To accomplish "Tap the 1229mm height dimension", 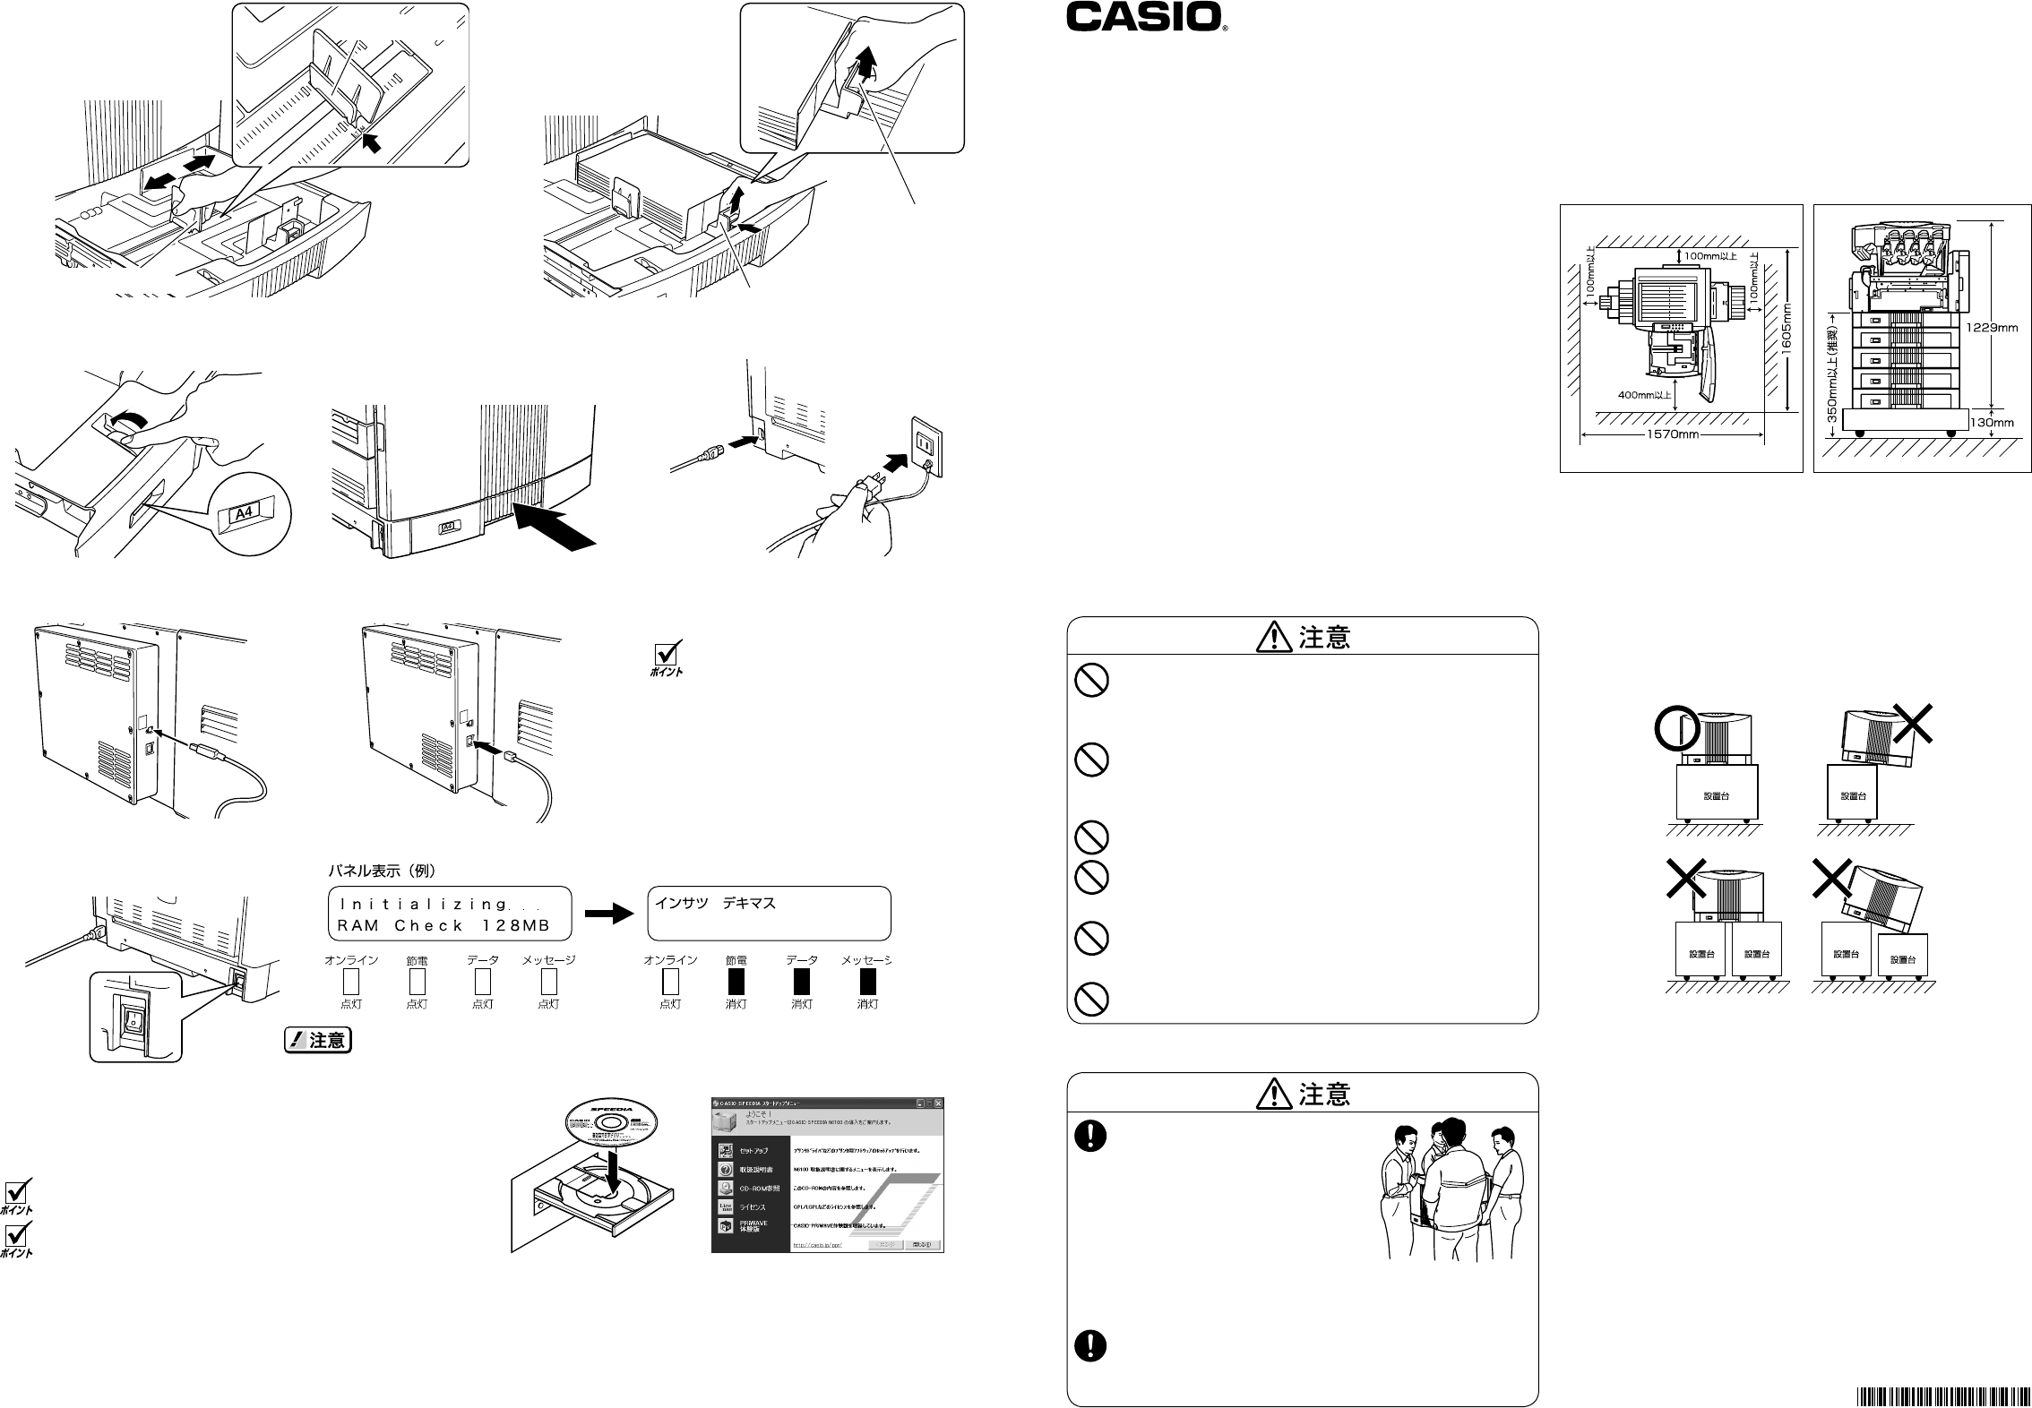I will coord(1992,328).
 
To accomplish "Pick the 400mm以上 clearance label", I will coord(1644,393).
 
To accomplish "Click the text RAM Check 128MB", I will coord(444,925).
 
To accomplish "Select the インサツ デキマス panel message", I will coord(715,904).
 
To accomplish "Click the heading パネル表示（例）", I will coord(383,871).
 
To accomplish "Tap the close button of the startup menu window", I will coord(938,1103).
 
